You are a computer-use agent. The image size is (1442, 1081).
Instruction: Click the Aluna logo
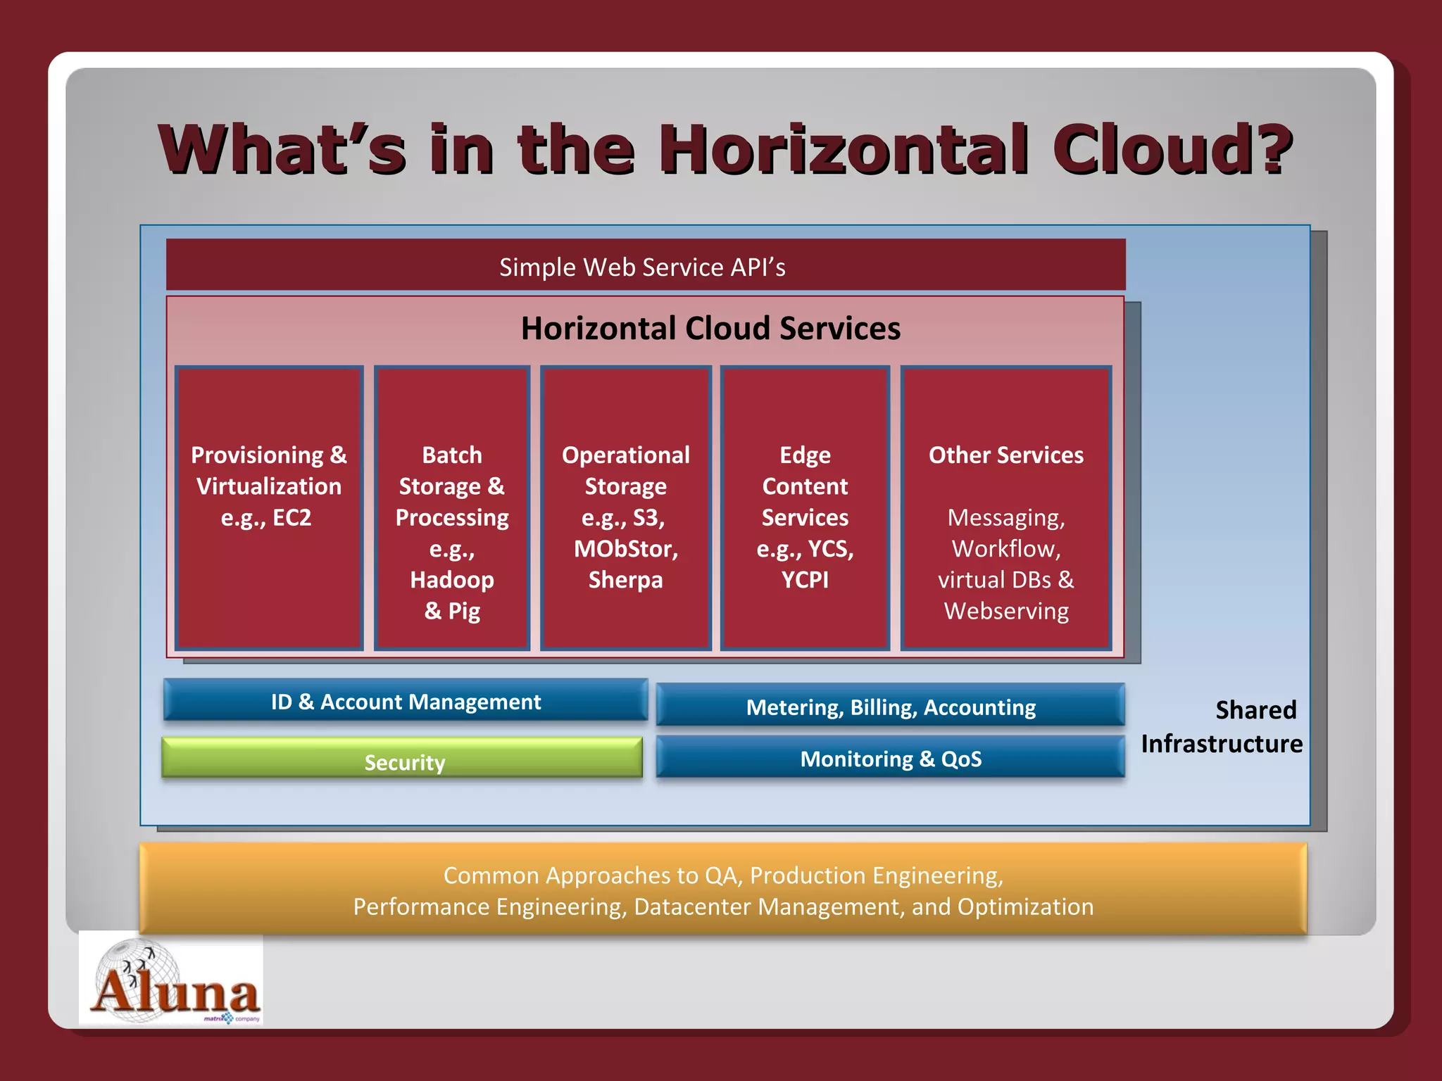coord(171,980)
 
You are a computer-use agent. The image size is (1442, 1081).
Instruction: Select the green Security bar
coord(403,759)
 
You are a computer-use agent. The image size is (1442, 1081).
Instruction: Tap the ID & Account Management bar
coord(406,701)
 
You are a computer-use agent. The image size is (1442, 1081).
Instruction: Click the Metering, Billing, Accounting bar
coord(890,706)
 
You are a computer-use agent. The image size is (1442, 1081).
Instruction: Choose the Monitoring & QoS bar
coord(890,758)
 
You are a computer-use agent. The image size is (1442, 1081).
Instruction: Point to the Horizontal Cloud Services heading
coord(710,328)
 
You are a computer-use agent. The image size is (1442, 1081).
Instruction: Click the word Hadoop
coord(452,579)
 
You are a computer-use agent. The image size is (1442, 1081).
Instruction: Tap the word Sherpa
coord(625,579)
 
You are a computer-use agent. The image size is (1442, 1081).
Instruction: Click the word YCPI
coord(805,579)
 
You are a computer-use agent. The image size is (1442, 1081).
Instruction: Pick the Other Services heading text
coord(1005,455)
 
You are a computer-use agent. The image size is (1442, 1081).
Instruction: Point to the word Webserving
coord(1005,610)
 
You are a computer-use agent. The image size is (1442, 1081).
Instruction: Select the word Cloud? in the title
coord(1172,149)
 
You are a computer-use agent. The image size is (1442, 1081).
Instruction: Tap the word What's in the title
coord(282,149)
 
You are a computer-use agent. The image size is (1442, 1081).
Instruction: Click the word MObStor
coord(625,548)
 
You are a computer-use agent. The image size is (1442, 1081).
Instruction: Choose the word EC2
coord(291,517)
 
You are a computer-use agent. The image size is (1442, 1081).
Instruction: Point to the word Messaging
coord(1005,517)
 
